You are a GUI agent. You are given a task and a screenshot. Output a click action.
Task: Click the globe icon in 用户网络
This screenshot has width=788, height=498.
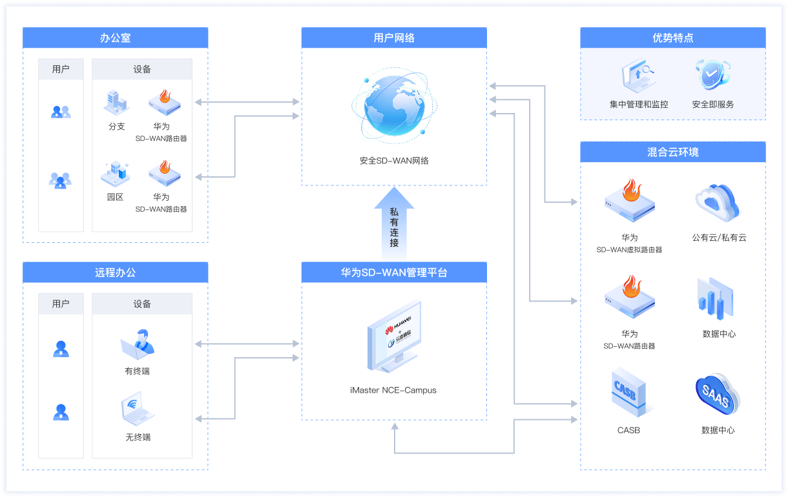[x=394, y=106]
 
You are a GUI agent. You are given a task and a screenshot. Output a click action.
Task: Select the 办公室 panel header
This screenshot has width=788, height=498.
[x=116, y=37]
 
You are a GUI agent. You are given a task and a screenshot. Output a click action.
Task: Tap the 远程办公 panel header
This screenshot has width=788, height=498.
[x=116, y=273]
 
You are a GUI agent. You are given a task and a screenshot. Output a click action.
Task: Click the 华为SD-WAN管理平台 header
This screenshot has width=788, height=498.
[x=394, y=273]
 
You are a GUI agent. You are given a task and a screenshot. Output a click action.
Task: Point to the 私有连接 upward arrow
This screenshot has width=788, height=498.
[x=394, y=223]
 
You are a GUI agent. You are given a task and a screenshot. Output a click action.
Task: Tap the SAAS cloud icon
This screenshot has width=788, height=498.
[x=718, y=393]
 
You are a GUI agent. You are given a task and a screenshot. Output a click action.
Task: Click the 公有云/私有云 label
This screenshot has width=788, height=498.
[x=719, y=238]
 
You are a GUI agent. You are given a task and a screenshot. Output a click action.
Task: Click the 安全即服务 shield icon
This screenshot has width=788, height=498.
[x=712, y=75]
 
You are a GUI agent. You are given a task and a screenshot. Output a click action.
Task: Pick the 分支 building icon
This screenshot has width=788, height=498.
[x=116, y=102]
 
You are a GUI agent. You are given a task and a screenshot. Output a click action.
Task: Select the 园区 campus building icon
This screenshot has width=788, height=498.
[x=116, y=173]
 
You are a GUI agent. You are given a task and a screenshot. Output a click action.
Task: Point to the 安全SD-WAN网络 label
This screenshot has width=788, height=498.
[x=394, y=160]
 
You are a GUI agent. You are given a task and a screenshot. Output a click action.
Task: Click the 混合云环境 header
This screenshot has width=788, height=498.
[x=672, y=152]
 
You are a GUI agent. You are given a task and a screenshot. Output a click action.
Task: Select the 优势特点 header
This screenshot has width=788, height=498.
[x=672, y=37]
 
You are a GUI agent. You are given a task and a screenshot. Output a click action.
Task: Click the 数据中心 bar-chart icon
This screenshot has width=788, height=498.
[x=716, y=300]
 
